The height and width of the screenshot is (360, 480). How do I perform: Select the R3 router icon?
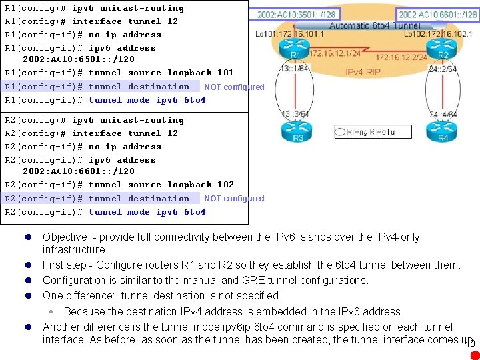click(x=297, y=132)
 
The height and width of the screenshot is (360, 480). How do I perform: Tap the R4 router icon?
click(x=443, y=132)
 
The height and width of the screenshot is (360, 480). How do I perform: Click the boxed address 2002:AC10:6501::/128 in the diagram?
click(x=295, y=14)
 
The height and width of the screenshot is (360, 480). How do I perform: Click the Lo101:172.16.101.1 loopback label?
click(x=287, y=33)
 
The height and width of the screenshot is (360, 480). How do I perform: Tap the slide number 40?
click(x=469, y=344)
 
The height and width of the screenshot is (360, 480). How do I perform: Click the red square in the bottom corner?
click(x=474, y=355)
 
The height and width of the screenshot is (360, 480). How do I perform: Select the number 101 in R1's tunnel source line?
click(x=225, y=73)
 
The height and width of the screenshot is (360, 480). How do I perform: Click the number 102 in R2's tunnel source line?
click(x=225, y=185)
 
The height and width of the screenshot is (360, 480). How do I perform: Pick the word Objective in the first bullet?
click(x=65, y=237)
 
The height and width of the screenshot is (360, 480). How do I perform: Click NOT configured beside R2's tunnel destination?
click(x=234, y=199)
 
